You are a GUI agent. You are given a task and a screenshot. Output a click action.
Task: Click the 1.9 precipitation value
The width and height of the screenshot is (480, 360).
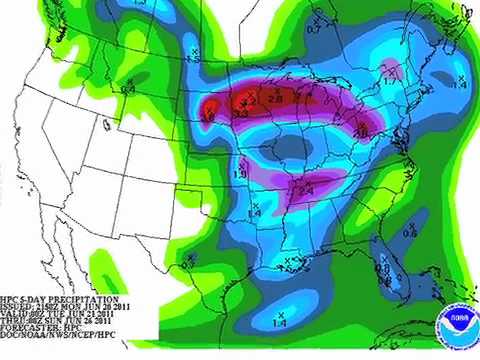[x=240, y=176]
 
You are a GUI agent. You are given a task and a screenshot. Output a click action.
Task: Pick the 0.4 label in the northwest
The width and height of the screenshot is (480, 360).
[x=128, y=89]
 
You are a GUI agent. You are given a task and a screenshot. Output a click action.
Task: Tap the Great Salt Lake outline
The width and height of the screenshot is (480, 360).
[x=107, y=125]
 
